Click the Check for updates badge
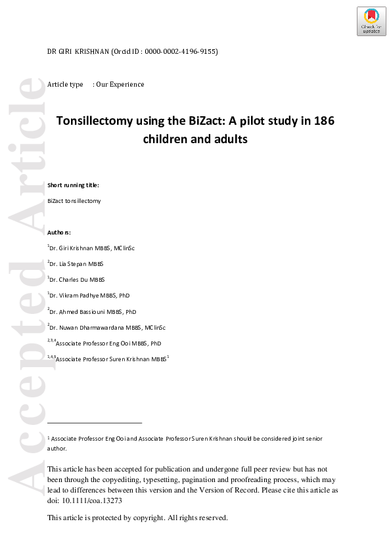tap(371, 21)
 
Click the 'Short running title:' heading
tap(73, 185)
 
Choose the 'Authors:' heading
tap(59, 232)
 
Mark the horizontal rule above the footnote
tap(95, 423)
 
